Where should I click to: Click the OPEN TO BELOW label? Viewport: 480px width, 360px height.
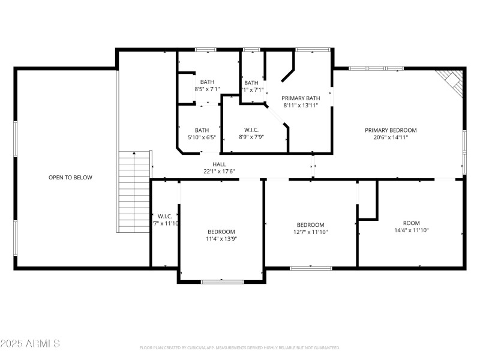(70, 178)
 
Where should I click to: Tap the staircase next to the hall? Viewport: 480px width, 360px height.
(133, 192)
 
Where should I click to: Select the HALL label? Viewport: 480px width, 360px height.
(219, 164)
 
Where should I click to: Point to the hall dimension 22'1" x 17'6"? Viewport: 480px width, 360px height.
(219, 171)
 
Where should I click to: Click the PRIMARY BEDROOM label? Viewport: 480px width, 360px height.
(391, 130)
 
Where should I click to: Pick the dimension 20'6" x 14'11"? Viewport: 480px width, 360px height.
(391, 137)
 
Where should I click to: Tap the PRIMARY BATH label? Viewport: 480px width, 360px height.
(301, 98)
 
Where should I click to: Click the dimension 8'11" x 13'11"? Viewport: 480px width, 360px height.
(301, 105)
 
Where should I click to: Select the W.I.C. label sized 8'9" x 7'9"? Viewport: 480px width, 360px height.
(251, 130)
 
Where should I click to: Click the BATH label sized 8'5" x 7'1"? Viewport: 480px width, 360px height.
(207, 82)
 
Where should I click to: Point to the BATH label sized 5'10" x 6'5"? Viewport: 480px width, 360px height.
(202, 130)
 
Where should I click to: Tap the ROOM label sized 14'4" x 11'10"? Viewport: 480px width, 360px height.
(411, 222)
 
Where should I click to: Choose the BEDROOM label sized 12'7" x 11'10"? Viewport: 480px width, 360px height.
(310, 225)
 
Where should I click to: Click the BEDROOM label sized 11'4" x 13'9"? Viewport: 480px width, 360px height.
(221, 232)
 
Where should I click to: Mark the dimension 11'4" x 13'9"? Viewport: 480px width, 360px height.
(221, 239)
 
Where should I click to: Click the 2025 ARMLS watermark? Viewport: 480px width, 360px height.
(30, 344)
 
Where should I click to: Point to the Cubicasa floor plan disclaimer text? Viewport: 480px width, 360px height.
(239, 347)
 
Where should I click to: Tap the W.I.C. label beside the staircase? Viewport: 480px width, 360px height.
(165, 216)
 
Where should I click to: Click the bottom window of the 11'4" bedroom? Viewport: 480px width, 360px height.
(222, 281)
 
